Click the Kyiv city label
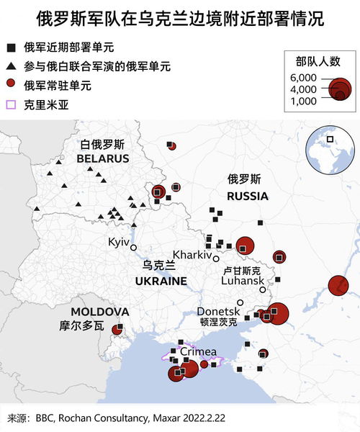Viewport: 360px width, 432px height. point(117,242)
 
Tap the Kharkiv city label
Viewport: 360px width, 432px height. point(192,255)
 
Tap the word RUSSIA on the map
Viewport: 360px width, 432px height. point(247,196)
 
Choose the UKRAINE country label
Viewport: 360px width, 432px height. point(161,281)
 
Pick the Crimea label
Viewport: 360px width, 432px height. point(198,351)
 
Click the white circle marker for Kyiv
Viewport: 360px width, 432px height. point(133,248)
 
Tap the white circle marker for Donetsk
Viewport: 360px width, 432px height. point(241,302)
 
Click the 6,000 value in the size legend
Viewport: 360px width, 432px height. point(302,77)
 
